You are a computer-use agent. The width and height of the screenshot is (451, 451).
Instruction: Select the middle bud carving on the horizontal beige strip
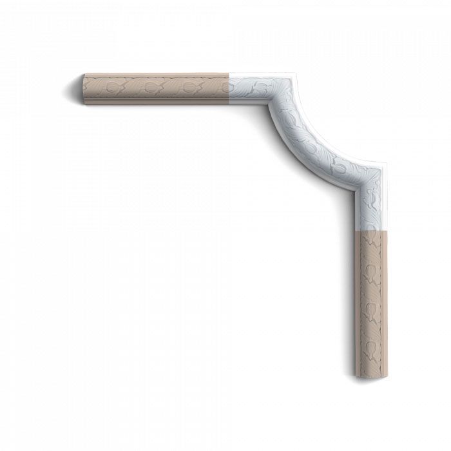click(x=151, y=86)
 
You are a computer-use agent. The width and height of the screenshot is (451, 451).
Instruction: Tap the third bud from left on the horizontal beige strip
click(x=187, y=86)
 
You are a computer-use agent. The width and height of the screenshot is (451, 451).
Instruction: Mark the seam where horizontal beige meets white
click(x=231, y=88)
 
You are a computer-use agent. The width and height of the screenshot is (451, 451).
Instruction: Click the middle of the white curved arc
click(x=309, y=135)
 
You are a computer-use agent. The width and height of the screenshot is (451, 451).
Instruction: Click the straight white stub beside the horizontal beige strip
click(x=248, y=88)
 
